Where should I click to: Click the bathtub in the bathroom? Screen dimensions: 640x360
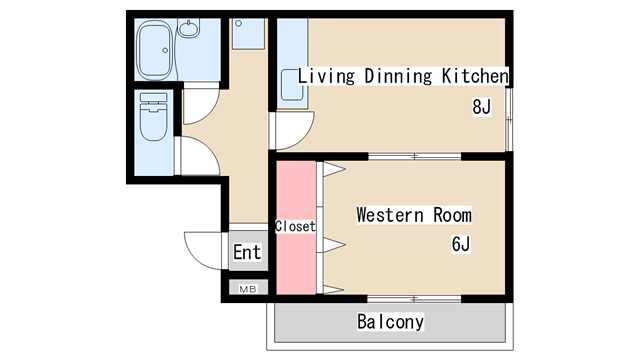click(153, 50)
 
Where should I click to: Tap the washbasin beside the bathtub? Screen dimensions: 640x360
click(189, 28)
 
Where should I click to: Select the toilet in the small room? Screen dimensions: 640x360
click(153, 117)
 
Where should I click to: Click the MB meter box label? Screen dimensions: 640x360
click(248, 289)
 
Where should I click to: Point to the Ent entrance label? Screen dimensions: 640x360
click(247, 252)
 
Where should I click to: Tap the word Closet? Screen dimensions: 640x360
click(296, 226)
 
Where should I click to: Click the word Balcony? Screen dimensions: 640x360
click(391, 322)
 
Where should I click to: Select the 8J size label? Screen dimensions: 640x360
click(481, 107)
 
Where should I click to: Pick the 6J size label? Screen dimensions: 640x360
click(461, 244)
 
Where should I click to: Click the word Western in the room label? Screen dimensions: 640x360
click(390, 215)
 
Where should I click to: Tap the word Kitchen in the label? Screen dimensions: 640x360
click(476, 76)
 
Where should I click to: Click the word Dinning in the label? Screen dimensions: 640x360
click(398, 76)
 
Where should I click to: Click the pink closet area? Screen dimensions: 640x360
click(296, 228)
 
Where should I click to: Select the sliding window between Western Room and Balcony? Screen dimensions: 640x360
click(414, 299)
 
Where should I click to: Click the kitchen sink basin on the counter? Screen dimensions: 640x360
click(292, 85)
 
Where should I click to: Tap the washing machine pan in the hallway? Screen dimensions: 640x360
click(248, 34)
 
